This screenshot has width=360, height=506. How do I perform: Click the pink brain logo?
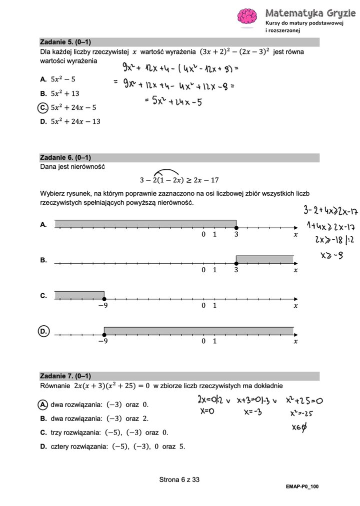247,17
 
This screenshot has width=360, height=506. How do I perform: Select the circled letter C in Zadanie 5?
43,107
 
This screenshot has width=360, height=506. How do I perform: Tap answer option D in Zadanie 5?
43,121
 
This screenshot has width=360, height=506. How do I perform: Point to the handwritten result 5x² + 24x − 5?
172,102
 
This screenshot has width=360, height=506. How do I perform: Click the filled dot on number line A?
236,227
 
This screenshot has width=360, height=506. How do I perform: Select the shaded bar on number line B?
264,259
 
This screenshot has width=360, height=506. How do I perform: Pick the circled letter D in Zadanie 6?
43,331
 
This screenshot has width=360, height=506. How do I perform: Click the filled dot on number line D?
104,334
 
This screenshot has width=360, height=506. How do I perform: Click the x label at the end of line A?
295,234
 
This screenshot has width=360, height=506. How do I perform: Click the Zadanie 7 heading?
65,376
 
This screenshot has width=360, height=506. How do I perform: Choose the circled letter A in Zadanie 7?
43,404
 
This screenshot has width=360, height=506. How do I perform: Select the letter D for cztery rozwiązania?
43,447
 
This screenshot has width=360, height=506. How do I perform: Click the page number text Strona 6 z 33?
179,480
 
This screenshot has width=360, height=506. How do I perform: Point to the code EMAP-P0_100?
302,486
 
